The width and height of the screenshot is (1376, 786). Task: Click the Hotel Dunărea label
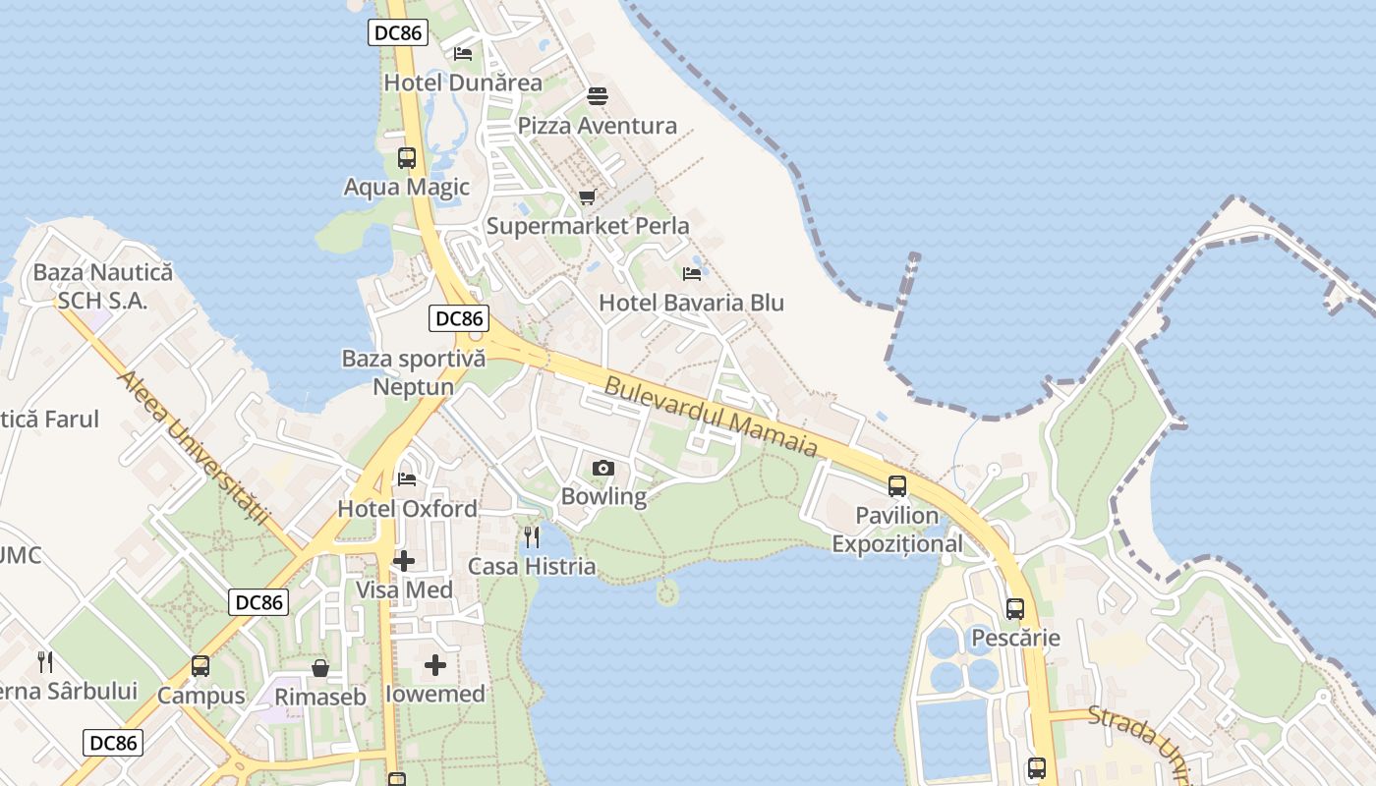[x=462, y=83]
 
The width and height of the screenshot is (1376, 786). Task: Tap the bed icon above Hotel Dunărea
[x=463, y=53]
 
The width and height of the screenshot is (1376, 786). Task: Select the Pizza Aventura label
[x=597, y=126]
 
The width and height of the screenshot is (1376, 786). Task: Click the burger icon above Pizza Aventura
[x=598, y=96]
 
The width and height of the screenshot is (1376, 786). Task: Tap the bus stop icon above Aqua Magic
[x=406, y=157]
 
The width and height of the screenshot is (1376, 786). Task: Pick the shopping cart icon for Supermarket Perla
[x=588, y=196]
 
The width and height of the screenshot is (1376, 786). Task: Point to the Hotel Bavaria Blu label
[x=691, y=303]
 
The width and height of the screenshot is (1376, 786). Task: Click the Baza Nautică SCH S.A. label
[x=102, y=286]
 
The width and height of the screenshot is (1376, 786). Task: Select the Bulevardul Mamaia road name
[x=711, y=417]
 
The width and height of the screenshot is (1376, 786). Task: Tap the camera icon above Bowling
[x=603, y=468]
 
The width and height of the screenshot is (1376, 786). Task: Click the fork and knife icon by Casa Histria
[x=532, y=536]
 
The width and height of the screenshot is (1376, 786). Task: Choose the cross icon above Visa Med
[x=404, y=561]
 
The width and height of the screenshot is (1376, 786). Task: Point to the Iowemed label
[x=434, y=694]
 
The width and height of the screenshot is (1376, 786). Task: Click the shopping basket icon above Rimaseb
[x=320, y=668]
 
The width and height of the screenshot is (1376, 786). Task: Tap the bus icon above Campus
[x=201, y=666]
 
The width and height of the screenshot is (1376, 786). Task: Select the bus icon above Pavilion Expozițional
[x=896, y=485]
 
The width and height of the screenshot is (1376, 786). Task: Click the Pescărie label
[x=1015, y=638]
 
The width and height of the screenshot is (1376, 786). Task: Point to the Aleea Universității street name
[x=193, y=447]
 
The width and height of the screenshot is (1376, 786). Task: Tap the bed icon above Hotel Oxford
[x=407, y=479]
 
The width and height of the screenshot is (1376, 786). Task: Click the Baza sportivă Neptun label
[x=413, y=372]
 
